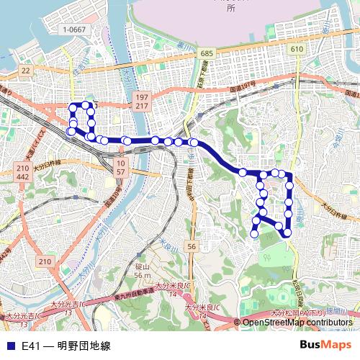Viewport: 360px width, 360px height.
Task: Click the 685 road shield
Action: [207, 54]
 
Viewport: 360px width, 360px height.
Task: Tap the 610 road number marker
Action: [297, 48]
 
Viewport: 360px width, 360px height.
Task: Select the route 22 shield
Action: [27, 70]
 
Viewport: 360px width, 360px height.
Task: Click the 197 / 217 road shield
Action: [140, 101]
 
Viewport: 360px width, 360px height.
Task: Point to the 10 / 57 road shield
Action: [120, 169]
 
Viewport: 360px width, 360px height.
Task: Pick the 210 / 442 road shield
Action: [22, 172]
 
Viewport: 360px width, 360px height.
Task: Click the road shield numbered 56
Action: [191, 247]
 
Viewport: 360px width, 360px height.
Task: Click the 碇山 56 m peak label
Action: [143, 271]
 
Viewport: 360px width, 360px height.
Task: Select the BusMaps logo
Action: [326, 346]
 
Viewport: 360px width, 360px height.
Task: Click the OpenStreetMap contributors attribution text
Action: [298, 322]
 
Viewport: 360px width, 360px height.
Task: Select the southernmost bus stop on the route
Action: [254, 233]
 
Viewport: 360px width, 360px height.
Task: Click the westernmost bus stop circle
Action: [71, 132]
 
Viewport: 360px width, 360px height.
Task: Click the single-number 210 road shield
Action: [46, 261]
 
